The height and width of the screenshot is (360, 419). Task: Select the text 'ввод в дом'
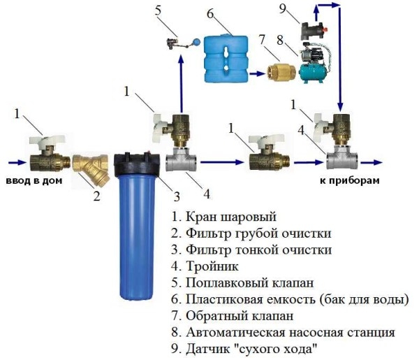[35, 180]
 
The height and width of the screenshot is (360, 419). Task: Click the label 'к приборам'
[345, 180]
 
